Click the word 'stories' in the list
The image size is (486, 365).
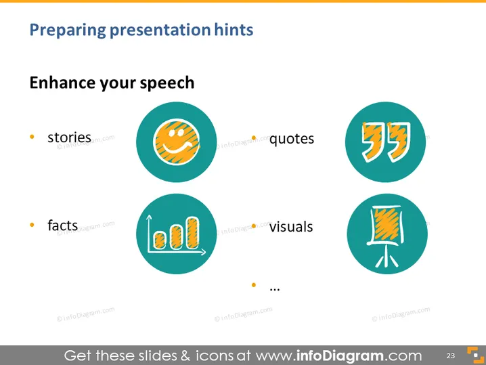pos(69,137)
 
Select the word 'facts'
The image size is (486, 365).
pos(62,225)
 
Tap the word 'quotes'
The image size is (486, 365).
pos(292,139)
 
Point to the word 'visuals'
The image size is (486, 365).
pos(291,227)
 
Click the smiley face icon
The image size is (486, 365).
pos(177,142)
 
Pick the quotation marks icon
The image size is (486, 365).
pos(386,142)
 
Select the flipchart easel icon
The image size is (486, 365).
pos(386,236)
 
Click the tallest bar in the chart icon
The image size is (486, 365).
pos(192,233)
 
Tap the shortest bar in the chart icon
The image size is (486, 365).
pos(160,240)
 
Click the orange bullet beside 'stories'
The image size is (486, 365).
pos(32,137)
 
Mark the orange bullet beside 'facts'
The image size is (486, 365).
pos(32,225)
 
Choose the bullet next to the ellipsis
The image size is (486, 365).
pos(254,284)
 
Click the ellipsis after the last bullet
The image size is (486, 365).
pos(275,290)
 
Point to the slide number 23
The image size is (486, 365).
pos(451,356)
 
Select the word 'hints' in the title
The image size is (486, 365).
pos(234,30)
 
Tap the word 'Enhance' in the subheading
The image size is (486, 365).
pos(63,83)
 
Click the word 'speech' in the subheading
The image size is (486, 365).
pos(167,83)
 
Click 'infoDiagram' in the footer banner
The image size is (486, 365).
pos(340,356)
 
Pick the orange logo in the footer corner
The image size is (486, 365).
pos(475,355)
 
